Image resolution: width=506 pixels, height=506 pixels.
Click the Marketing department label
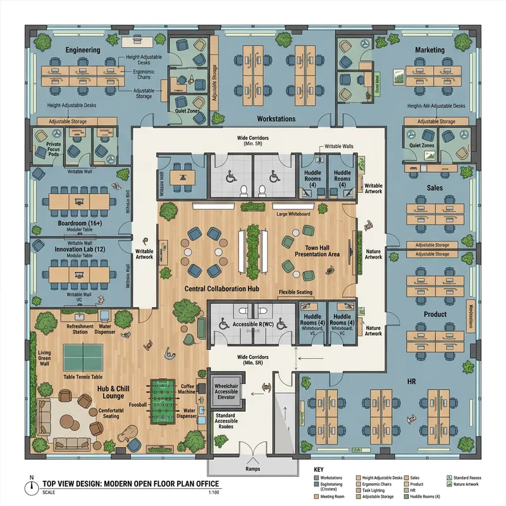pyautogui.click(x=429, y=49)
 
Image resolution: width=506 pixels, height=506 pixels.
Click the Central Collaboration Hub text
pyautogui.click(x=224, y=288)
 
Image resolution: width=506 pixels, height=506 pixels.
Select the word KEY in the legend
pyautogui.click(x=319, y=470)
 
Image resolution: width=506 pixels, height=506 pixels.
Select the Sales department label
pyautogui.click(x=434, y=188)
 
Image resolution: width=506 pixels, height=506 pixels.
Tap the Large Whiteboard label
pyautogui.click(x=293, y=214)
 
